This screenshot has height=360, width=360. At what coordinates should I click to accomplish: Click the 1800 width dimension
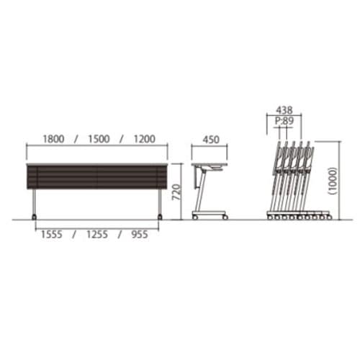pos(53,139)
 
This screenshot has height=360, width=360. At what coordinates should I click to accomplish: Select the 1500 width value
pos(99,139)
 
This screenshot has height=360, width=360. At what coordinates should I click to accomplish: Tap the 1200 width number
pos(145,139)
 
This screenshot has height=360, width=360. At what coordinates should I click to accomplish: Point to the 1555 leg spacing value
pos(52,235)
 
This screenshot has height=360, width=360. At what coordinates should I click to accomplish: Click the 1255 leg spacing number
pos(97,235)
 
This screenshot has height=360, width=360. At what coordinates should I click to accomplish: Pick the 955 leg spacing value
pos(140,235)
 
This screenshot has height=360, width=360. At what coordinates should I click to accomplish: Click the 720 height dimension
pos(176,192)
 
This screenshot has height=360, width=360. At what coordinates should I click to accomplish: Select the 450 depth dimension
pos(211,140)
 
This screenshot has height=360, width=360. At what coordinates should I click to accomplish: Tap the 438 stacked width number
pos(284,110)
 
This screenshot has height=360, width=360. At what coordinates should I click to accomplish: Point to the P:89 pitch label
pos(284,121)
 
